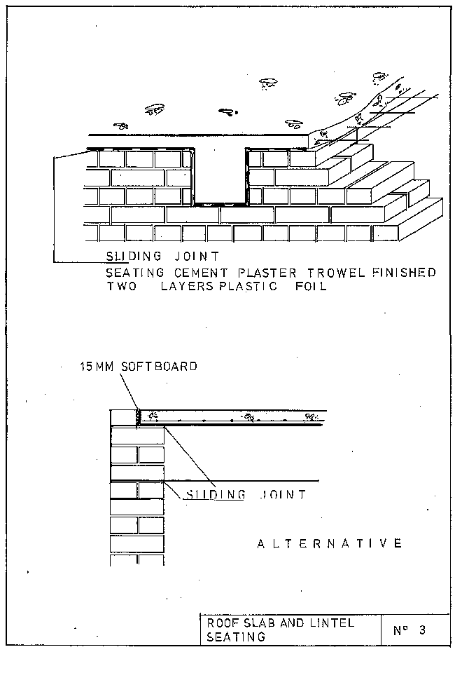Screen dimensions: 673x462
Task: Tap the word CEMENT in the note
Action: tap(185, 273)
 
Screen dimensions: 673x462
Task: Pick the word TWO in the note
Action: tap(120, 286)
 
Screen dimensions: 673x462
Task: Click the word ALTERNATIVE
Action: tap(330, 543)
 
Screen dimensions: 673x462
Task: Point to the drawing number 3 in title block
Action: tap(421, 630)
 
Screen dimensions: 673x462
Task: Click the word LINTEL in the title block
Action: tap(330, 623)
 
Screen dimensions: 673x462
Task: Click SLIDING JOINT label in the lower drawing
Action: tap(245, 494)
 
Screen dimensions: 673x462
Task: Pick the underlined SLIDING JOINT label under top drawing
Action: tap(162, 257)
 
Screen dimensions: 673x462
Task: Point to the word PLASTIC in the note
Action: tap(244, 286)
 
